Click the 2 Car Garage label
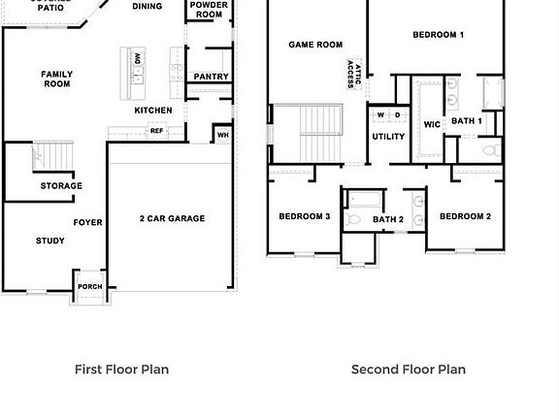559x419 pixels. pos(172,219)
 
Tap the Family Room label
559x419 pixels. pos(56,80)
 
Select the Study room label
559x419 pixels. pos(50,241)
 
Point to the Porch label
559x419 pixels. pos(90,287)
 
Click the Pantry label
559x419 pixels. pos(211,77)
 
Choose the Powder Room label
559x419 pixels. pos(209,10)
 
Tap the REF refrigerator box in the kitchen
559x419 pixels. pos(156,130)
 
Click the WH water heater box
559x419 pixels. pos(223,135)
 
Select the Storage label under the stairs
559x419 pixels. pos(61,185)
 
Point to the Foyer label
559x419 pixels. pos(88,223)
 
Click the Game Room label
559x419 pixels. pos(315,45)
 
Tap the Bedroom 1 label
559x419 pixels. pos(438,35)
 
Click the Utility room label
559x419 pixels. pos(388,137)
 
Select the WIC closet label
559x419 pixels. pos(432,124)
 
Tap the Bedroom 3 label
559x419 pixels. pos(304,216)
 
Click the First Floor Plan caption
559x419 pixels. pos(121,370)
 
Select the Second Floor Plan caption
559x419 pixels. pos(408,370)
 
